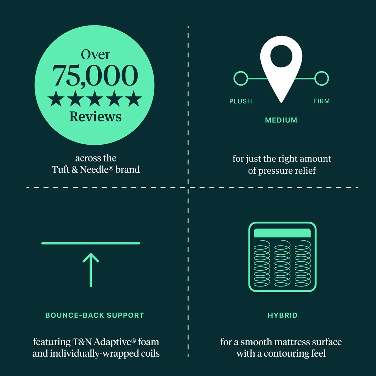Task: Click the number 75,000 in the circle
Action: pos(95,76)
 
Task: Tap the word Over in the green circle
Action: pos(96,55)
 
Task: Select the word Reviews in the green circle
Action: pos(96,117)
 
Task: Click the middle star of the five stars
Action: pos(95,98)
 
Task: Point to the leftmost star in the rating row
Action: pos(56,98)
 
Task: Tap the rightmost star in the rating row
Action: pos(134,98)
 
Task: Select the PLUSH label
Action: pos(241,101)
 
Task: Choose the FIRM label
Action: pos(322,101)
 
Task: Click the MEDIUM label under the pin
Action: pos(281,120)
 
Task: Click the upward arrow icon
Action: pos(91,270)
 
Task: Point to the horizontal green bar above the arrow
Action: pos(91,243)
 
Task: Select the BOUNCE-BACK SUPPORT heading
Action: pos(95,315)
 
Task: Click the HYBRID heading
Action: pos(283,315)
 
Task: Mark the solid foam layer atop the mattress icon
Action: pos(282,233)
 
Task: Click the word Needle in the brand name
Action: pos(94,169)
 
